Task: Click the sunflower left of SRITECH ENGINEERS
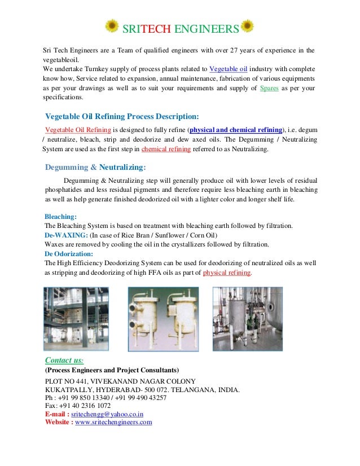click(x=112, y=27)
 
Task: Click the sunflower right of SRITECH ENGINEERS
click(x=247, y=27)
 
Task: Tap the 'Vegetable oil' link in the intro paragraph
click(x=229, y=69)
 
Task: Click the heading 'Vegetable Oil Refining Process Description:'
click(x=122, y=117)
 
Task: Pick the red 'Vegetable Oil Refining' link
click(x=77, y=129)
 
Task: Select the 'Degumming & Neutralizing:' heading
click(x=95, y=167)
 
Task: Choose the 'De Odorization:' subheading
click(x=68, y=254)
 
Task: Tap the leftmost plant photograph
click(x=76, y=319)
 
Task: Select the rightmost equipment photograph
click(x=247, y=319)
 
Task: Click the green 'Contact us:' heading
click(x=64, y=360)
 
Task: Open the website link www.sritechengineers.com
click(x=113, y=422)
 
